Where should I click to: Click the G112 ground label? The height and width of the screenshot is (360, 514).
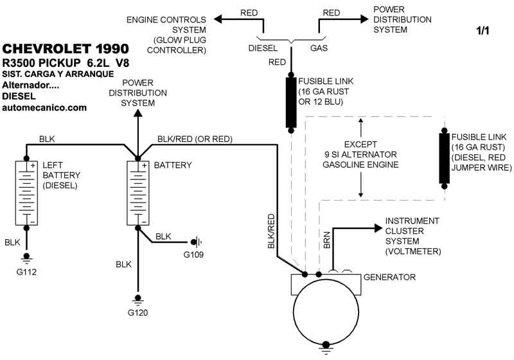pyautogui.click(x=27, y=272)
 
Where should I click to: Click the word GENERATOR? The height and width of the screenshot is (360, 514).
pyautogui.click(x=390, y=277)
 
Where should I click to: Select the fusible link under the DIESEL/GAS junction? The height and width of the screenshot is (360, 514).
pyautogui.click(x=291, y=102)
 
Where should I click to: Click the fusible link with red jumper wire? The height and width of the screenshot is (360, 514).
pyautogui.click(x=444, y=158)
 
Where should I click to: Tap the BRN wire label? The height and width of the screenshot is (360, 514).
pyautogui.click(x=326, y=240)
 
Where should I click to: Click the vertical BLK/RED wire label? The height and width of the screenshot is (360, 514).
pyautogui.click(x=271, y=232)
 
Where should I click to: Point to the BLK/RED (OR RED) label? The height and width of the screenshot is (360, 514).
pyautogui.click(x=195, y=139)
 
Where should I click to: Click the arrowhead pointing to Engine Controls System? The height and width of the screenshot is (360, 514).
pyautogui.click(x=218, y=19)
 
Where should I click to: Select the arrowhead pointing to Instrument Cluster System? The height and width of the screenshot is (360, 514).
pyautogui.click(x=377, y=228)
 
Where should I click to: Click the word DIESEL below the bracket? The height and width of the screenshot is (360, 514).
pyautogui.click(x=263, y=48)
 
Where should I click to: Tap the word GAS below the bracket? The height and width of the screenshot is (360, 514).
pyautogui.click(x=319, y=48)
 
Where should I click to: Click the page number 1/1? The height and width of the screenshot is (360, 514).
pyautogui.click(x=483, y=30)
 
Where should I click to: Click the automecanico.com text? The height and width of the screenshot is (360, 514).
pyautogui.click(x=44, y=107)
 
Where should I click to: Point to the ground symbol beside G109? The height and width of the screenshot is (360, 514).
pyautogui.click(x=197, y=242)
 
